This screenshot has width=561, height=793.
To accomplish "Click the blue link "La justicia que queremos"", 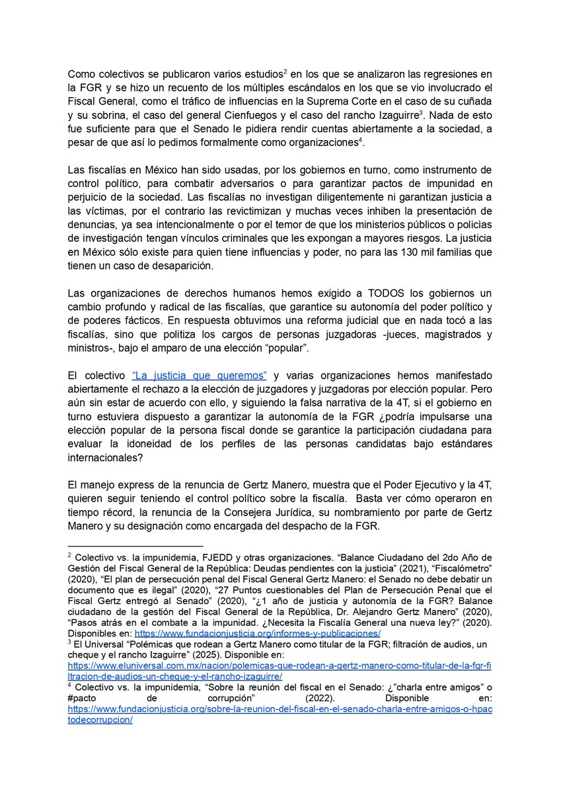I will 199,375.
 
